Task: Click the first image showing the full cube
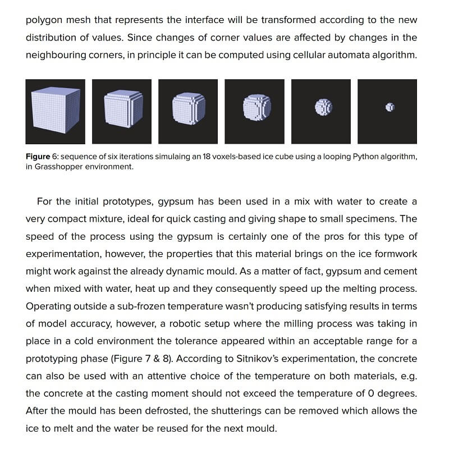(x=56, y=111)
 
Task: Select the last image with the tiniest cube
(x=387, y=111)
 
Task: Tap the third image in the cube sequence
(x=188, y=111)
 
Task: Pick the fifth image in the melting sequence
(x=321, y=111)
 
